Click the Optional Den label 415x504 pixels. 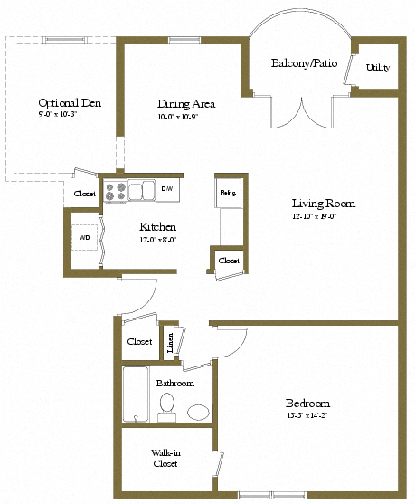click(x=70, y=103)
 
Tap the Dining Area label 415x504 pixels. click(x=184, y=104)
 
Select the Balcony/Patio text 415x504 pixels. click(x=299, y=63)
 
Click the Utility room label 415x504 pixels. click(x=378, y=68)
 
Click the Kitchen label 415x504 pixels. click(x=156, y=226)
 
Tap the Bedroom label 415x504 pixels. click(x=308, y=403)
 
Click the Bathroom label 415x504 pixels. click(x=175, y=383)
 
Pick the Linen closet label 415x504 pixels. click(x=171, y=345)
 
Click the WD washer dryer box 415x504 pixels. click(x=85, y=238)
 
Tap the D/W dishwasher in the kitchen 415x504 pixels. click(x=168, y=189)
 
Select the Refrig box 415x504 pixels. click(x=227, y=192)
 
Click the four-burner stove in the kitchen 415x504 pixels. click(x=116, y=191)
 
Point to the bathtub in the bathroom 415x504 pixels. click(x=136, y=395)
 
